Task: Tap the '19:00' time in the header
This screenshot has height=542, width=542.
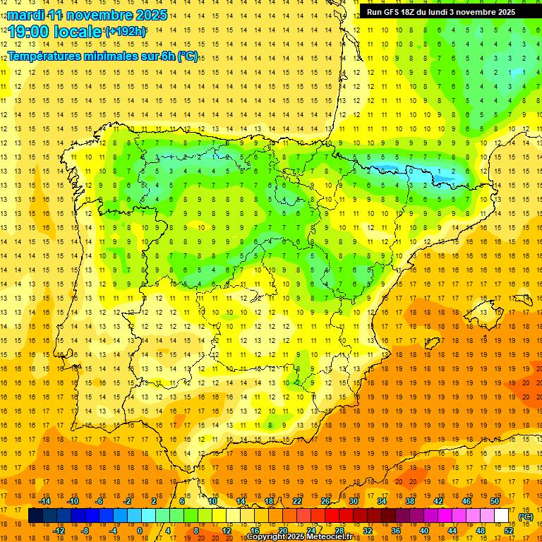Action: [x=30, y=32]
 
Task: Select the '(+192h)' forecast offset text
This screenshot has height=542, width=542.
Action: [x=126, y=31]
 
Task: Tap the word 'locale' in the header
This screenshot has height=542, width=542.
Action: [x=78, y=32]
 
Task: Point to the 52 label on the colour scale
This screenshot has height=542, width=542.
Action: [x=509, y=530]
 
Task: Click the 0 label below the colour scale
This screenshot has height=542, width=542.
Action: [x=139, y=530]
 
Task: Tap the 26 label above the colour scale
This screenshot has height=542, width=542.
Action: [x=325, y=501]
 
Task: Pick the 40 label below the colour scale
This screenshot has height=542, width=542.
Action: [x=424, y=530]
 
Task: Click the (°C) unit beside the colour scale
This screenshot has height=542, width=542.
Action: [x=526, y=517]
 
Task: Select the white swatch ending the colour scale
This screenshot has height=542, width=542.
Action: [x=501, y=515]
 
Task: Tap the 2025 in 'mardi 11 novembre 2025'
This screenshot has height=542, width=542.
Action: [x=150, y=15]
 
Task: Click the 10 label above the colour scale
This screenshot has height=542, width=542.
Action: [x=212, y=501]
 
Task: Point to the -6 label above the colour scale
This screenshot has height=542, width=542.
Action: [x=100, y=501]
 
